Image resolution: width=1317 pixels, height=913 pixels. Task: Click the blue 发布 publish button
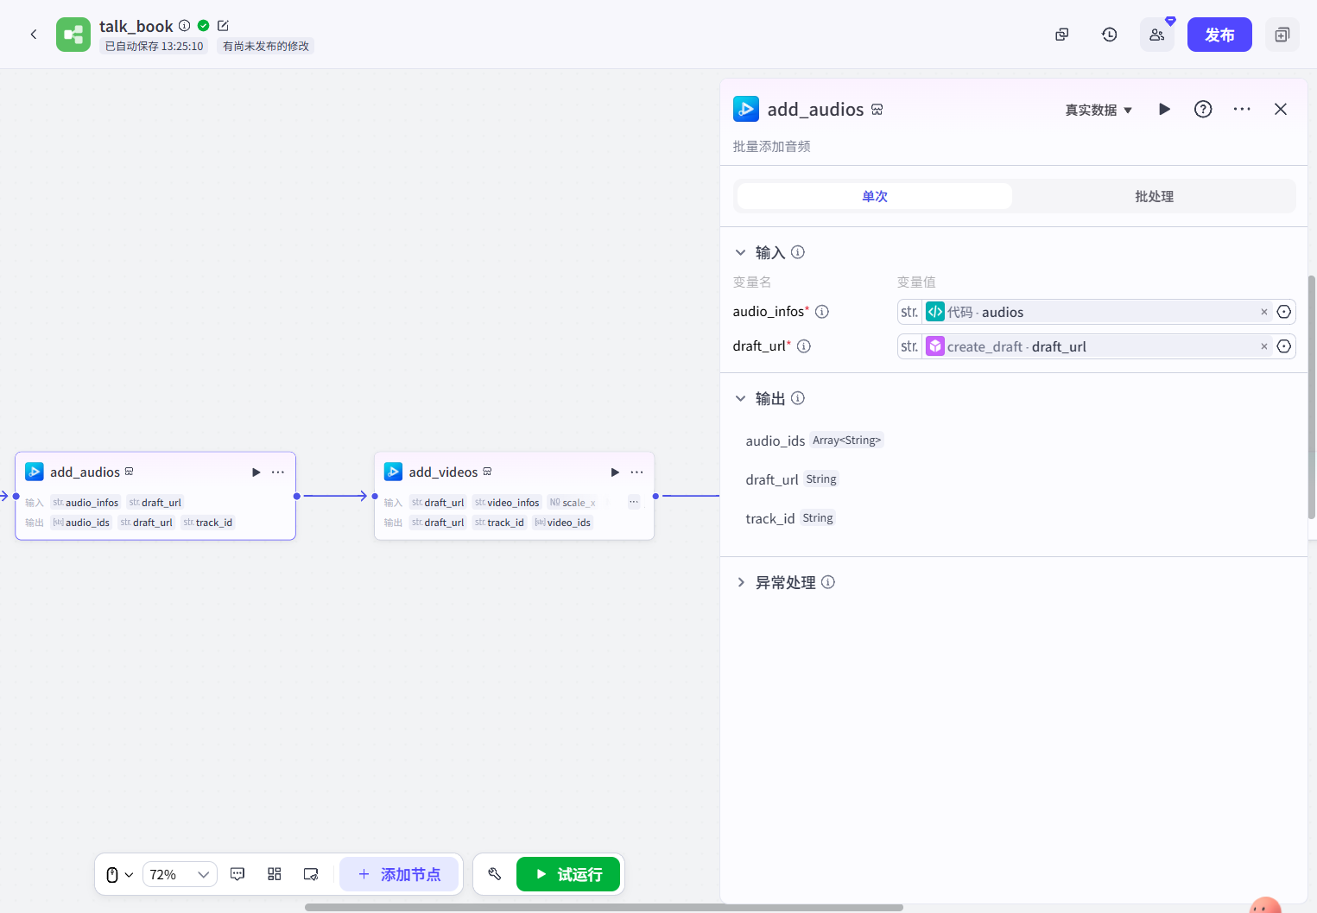1219,35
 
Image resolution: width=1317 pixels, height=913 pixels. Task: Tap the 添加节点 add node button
399,874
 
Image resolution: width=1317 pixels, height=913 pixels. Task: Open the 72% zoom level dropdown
180,874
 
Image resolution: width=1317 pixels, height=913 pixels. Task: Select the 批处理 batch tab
1154,196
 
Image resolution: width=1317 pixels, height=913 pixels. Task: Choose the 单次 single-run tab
874,196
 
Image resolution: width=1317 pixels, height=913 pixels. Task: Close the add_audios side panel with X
1280,109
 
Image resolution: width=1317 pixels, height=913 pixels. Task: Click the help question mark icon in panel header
1203,109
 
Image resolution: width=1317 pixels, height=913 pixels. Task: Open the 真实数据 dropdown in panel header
1098,110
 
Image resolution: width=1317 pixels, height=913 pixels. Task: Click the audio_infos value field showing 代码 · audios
1088,312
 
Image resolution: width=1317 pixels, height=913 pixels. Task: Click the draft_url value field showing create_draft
1088,346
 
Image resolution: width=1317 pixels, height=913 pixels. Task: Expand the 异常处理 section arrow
741,582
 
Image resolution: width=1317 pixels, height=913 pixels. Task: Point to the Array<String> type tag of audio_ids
846,441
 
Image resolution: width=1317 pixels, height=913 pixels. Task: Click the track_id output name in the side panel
769,518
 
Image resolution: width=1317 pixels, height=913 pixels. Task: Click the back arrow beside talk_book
34,35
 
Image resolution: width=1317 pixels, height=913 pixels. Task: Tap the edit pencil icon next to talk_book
223,26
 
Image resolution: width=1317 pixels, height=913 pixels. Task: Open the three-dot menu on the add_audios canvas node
278,472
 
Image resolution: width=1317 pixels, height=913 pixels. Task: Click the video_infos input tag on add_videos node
507,503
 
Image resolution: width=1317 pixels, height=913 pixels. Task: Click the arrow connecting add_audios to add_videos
335,496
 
